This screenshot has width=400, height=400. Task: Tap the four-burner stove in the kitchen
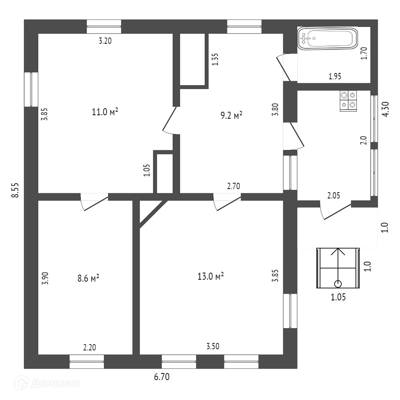[x=348, y=100]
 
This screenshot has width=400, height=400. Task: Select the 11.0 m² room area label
[x=105, y=112]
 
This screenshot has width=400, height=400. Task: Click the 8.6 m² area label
[x=88, y=278]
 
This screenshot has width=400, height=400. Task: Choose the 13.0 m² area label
[x=211, y=277]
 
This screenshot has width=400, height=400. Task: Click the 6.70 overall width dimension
[x=162, y=377]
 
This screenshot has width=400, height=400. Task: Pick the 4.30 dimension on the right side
[x=386, y=109]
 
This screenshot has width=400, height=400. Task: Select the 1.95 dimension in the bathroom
[x=335, y=77]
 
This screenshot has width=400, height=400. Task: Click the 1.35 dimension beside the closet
[x=214, y=59]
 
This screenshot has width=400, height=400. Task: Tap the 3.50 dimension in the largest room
[x=213, y=346]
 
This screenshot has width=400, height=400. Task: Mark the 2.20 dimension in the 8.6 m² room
[x=89, y=346]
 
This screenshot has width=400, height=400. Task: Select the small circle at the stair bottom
[x=338, y=284]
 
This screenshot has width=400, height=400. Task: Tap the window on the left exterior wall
[x=31, y=89]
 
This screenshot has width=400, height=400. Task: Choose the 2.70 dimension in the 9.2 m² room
[x=233, y=186]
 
